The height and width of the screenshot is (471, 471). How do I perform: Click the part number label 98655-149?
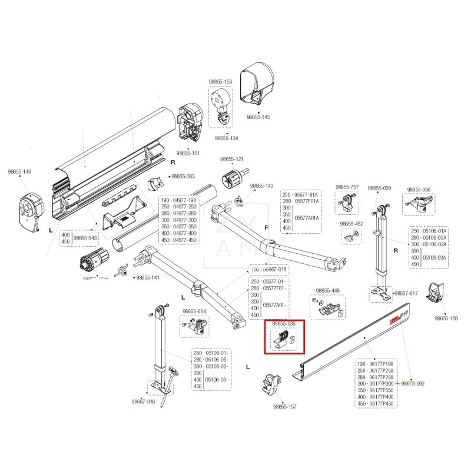point(19,172)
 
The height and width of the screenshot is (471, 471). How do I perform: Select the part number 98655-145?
point(258,117)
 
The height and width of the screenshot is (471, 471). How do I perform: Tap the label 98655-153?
point(220,82)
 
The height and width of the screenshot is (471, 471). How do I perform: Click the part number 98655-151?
point(188,152)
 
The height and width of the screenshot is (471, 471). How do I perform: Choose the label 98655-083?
point(183,176)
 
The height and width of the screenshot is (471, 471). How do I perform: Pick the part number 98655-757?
point(347,187)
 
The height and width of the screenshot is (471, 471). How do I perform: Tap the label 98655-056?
point(419,190)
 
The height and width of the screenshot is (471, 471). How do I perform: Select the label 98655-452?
point(351,224)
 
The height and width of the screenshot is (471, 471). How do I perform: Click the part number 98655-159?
point(446,318)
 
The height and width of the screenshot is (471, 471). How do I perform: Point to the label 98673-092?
point(413,383)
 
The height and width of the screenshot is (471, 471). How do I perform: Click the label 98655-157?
point(285,406)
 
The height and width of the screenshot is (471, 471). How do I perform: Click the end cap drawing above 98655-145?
point(258,85)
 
